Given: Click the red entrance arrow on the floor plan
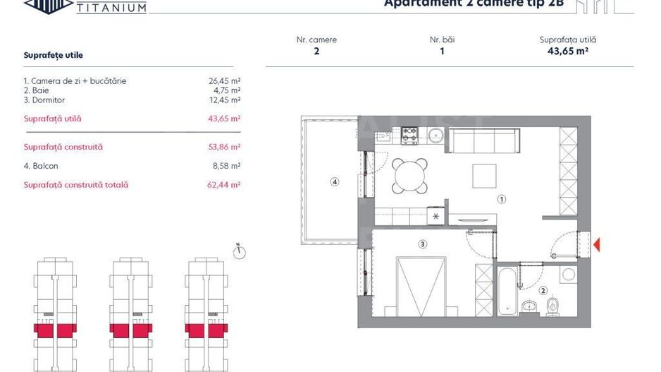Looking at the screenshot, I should tap(597, 245).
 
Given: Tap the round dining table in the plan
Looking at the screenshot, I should tap(410, 172).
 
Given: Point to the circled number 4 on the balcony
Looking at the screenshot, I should tap(335, 181).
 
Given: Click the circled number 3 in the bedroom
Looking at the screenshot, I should tap(422, 245).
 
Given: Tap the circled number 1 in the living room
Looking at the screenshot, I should tap(502, 199).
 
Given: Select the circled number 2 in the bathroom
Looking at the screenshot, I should tap(543, 290).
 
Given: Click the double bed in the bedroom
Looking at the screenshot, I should tap(421, 286).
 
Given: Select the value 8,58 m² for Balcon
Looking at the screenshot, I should tap(227, 166).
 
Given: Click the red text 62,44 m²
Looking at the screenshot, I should tap(226, 185).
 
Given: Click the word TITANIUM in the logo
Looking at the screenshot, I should tap(111, 8).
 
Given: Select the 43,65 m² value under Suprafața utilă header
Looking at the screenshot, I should tap(567, 51).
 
